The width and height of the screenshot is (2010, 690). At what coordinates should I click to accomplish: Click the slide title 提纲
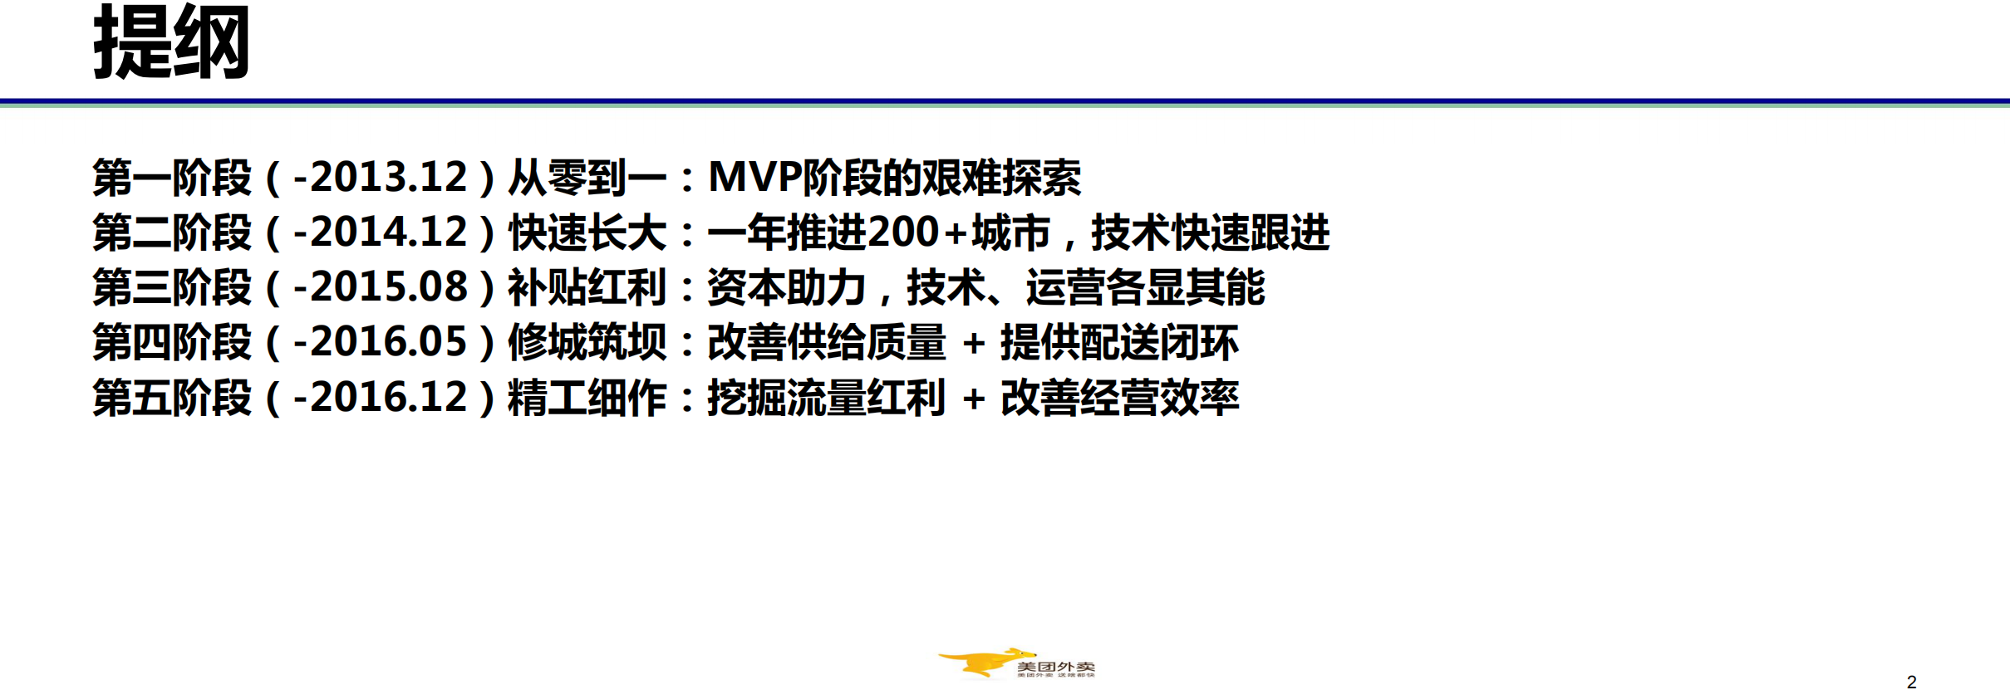pos(171,43)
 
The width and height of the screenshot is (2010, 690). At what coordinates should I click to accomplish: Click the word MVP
pos(754,178)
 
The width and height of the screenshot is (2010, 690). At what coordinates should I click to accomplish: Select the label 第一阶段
pos(172,178)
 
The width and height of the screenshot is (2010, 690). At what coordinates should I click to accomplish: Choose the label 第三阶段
pos(172,287)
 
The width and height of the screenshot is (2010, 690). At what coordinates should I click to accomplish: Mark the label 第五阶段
pos(172,397)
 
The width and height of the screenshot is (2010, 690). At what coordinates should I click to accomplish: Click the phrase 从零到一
pos(587,178)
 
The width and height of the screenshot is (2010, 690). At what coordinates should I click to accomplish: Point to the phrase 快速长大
pos(587,232)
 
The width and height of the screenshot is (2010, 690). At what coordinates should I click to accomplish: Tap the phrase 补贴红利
pos(587,287)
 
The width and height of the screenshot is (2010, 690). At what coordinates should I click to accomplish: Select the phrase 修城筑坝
pos(587,342)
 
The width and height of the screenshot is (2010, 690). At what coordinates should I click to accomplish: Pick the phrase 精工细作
pos(587,397)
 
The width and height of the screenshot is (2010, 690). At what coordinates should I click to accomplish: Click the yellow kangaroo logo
pos(980,663)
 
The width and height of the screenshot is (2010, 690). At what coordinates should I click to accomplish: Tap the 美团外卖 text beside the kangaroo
pos(1055,666)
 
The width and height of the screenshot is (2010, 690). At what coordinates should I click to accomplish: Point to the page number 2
pos(1911,682)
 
